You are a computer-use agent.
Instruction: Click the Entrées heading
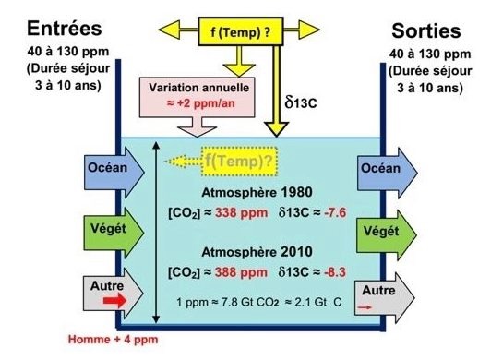(65, 29)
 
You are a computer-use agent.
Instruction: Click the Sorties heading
(426, 31)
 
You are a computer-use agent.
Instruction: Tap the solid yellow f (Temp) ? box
(241, 31)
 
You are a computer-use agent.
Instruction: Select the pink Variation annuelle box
(197, 98)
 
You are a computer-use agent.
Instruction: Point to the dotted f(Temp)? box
(240, 161)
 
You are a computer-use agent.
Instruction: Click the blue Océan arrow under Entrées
(114, 172)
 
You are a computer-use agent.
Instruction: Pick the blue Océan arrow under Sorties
(388, 173)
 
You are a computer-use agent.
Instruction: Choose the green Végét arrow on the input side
(114, 233)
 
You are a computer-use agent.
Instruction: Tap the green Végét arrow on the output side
(387, 235)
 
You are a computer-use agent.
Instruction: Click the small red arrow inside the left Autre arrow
(115, 301)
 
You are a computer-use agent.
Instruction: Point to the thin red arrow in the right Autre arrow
(365, 307)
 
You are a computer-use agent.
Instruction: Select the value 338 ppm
(241, 212)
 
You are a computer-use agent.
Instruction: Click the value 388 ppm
(241, 272)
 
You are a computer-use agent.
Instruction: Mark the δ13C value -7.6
(335, 212)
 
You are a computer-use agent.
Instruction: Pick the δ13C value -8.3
(335, 272)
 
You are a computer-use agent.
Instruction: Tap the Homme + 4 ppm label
(113, 340)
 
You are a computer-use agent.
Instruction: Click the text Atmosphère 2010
(257, 252)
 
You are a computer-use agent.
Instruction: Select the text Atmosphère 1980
(257, 192)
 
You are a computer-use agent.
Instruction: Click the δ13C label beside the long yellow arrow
(301, 102)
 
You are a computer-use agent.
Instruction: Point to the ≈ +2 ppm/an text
(200, 103)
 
